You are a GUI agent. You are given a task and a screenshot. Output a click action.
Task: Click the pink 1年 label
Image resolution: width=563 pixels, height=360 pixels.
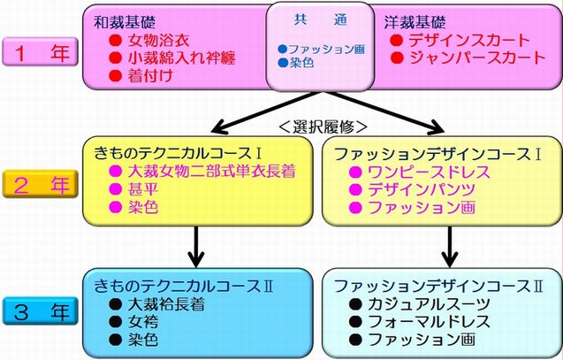point(41,51)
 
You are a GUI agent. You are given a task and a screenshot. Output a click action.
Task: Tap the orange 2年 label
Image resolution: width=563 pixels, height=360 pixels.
point(41,184)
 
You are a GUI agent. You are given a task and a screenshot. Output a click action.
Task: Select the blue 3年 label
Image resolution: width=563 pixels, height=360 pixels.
point(41,311)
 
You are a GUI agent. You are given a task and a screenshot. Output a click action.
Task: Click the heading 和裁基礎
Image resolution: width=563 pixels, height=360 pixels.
point(125,22)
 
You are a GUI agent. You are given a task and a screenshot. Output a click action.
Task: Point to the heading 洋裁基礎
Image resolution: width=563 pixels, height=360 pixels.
point(415,22)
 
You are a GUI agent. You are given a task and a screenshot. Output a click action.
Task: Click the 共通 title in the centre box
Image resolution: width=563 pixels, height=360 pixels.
point(320,19)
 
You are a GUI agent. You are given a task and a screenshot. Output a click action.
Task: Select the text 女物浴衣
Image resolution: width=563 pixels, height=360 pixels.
point(159,41)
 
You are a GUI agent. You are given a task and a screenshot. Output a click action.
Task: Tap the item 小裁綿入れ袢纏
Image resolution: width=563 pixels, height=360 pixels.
point(182,58)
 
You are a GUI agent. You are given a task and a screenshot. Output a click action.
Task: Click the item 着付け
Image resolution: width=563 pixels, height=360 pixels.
point(150,76)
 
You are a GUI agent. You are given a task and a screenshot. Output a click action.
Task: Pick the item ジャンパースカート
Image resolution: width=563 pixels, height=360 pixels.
point(477,57)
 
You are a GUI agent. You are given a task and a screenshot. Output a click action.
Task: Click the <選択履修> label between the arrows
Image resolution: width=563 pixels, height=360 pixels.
point(323,126)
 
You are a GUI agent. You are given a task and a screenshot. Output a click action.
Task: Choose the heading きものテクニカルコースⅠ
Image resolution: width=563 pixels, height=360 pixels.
point(178,154)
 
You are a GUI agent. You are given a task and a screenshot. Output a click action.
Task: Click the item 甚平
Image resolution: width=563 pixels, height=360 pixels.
point(143,189)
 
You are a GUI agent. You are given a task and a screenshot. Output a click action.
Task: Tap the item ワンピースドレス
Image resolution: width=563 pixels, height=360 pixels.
point(429,172)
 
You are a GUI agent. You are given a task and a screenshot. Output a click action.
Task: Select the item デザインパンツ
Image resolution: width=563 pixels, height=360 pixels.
point(422,189)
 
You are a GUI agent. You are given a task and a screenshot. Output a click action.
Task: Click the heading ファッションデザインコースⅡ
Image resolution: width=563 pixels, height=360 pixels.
point(438,287)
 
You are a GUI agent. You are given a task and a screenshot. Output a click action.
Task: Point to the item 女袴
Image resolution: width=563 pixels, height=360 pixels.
point(143,322)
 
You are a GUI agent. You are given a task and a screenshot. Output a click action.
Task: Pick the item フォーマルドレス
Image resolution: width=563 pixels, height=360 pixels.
point(429,322)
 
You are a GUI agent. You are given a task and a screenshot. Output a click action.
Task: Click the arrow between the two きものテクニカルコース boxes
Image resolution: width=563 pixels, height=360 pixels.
point(196,247)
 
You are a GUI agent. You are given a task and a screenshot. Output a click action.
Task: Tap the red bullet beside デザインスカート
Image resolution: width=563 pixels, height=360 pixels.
point(397,40)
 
